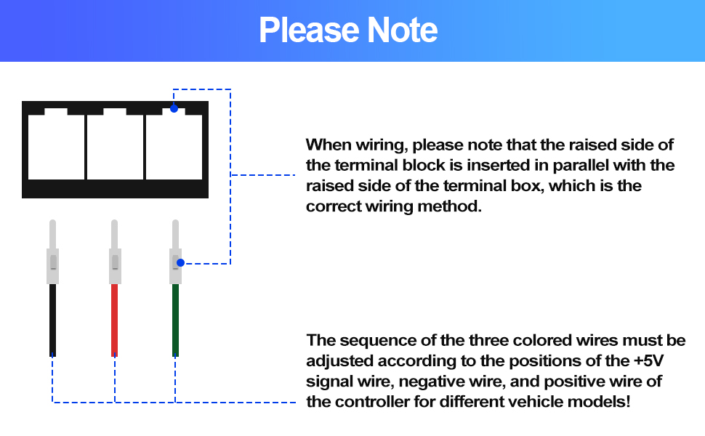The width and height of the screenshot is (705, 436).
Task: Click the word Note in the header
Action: (x=402, y=31)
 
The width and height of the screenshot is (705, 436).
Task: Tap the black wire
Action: (x=52, y=320)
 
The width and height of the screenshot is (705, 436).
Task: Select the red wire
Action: (x=114, y=320)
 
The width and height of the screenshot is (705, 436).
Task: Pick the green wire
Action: (x=175, y=320)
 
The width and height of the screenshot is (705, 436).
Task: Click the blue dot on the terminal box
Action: (x=174, y=108)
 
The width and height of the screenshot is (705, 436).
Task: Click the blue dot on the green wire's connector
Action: (x=180, y=263)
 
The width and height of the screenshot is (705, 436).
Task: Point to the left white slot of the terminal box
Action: (x=56, y=147)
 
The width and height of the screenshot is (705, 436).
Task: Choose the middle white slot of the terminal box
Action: (x=115, y=147)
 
